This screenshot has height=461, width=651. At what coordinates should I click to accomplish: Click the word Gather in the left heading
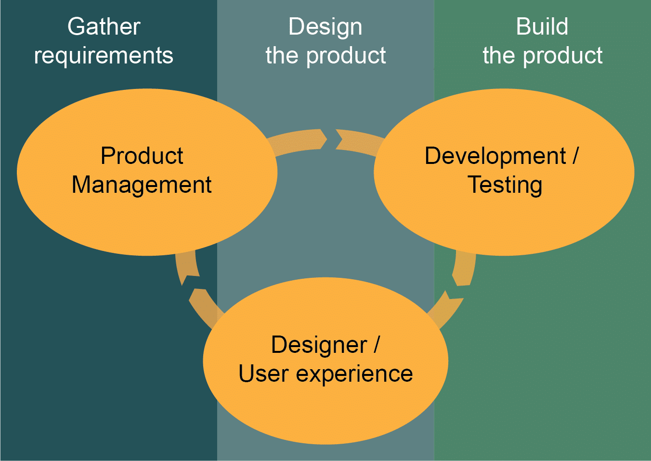click(104, 26)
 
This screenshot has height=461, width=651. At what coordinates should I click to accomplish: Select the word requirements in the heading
click(104, 56)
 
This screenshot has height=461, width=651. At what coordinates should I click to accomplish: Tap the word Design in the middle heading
click(325, 27)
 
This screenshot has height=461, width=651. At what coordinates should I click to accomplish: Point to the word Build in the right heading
click(542, 26)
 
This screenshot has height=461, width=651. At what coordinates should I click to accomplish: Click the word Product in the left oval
click(142, 156)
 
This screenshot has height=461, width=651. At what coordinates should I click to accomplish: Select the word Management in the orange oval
click(142, 185)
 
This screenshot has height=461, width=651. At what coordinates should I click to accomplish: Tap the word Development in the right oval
click(495, 156)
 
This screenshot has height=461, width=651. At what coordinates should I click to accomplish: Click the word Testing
click(505, 185)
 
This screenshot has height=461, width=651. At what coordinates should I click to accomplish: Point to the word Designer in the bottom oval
click(319, 345)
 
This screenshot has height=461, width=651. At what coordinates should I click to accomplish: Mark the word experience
click(354, 374)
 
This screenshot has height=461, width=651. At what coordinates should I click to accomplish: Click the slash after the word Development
click(575, 156)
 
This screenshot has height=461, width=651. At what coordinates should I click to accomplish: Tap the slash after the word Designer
click(377, 345)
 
